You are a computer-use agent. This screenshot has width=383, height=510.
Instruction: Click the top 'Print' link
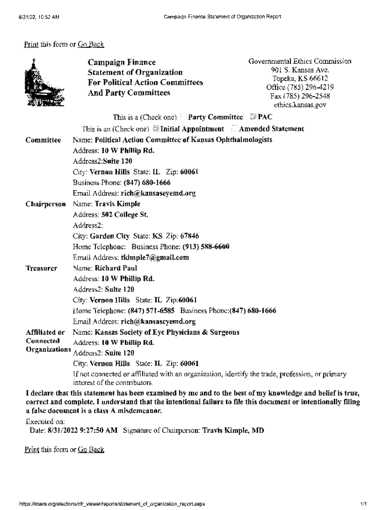[x=31, y=44]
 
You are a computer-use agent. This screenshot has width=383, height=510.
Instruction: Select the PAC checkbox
[x=253, y=118]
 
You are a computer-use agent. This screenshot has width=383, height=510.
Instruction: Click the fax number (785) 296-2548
[x=300, y=96]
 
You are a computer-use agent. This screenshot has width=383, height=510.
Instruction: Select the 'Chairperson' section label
[x=45, y=204]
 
